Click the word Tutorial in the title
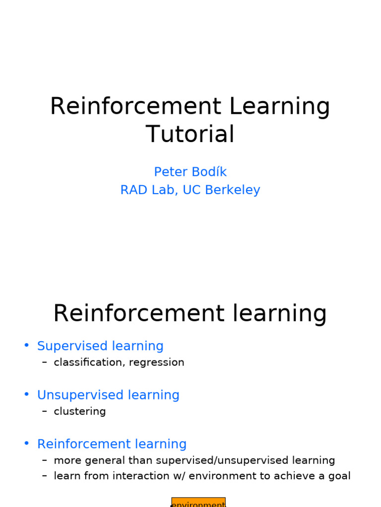pyautogui.click(x=190, y=134)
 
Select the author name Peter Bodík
pyautogui.click(x=190, y=172)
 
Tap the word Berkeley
pyautogui.click(x=236, y=190)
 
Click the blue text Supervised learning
pyautogui.click(x=100, y=346)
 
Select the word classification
pyautogui.click(x=89, y=362)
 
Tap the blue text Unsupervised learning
pyautogui.click(x=108, y=395)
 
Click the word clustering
pyautogui.click(x=80, y=411)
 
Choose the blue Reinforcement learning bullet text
pyautogui.click(x=112, y=444)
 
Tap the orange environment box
pyautogui.click(x=198, y=502)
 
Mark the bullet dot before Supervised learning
pyautogui.click(x=26, y=346)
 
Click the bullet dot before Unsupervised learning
pyautogui.click(x=26, y=395)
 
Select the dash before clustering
pyautogui.click(x=45, y=411)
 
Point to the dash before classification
pyautogui.click(x=45, y=362)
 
